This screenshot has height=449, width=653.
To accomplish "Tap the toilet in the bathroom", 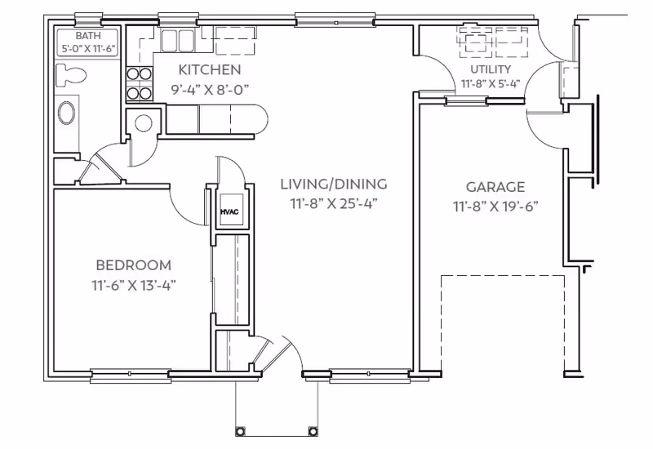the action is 71,75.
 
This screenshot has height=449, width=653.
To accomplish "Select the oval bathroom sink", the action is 67,113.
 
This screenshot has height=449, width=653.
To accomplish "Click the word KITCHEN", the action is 210,69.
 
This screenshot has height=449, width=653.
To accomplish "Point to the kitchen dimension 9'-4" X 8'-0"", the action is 210,89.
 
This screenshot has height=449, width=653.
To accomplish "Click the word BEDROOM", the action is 133,265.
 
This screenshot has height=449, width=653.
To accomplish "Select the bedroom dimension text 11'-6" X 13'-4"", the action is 133,285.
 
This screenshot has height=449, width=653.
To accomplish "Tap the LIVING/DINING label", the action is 334,184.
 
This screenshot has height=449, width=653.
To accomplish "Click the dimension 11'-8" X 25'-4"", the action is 334,203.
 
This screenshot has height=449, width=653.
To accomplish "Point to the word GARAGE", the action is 495,187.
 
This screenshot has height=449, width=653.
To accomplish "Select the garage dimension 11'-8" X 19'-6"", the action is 495,207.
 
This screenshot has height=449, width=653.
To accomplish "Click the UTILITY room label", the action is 491,69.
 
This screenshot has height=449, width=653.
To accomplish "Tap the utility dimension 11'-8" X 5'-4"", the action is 491,84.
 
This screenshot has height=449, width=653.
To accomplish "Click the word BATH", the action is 88,36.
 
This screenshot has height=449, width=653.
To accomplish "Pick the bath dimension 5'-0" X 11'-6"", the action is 88,49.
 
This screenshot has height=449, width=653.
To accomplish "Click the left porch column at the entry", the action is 240,430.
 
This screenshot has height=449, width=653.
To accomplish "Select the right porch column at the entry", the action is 313,430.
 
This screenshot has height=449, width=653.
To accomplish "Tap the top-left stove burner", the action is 133,74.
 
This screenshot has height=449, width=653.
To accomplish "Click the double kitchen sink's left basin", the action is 170,40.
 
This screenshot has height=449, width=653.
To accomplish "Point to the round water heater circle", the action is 144,123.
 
